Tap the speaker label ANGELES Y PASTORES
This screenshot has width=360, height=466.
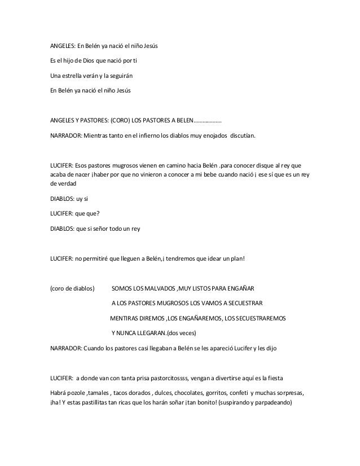81,120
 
